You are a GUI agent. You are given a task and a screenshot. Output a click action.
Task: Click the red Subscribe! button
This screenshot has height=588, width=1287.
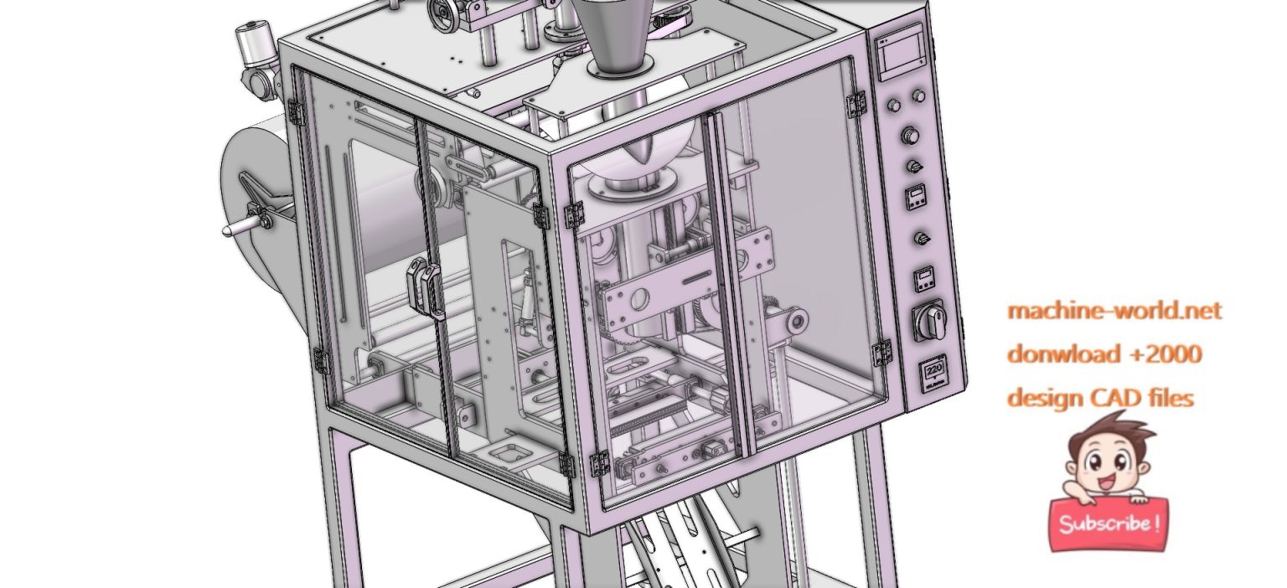tap(1109, 524)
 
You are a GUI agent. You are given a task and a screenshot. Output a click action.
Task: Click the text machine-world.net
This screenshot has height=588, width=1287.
tap(1114, 311)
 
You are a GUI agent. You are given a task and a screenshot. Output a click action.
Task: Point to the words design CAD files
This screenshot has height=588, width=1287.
tap(1099, 397)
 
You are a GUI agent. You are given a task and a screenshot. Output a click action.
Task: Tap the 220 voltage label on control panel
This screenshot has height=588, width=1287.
tap(934, 373)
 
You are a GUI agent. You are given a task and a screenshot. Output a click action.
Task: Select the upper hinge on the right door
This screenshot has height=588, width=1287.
tap(855, 104)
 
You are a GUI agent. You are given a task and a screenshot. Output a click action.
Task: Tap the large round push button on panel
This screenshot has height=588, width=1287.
tap(910, 136)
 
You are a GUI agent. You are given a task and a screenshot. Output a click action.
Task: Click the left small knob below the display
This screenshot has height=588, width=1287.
tap(894, 105)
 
